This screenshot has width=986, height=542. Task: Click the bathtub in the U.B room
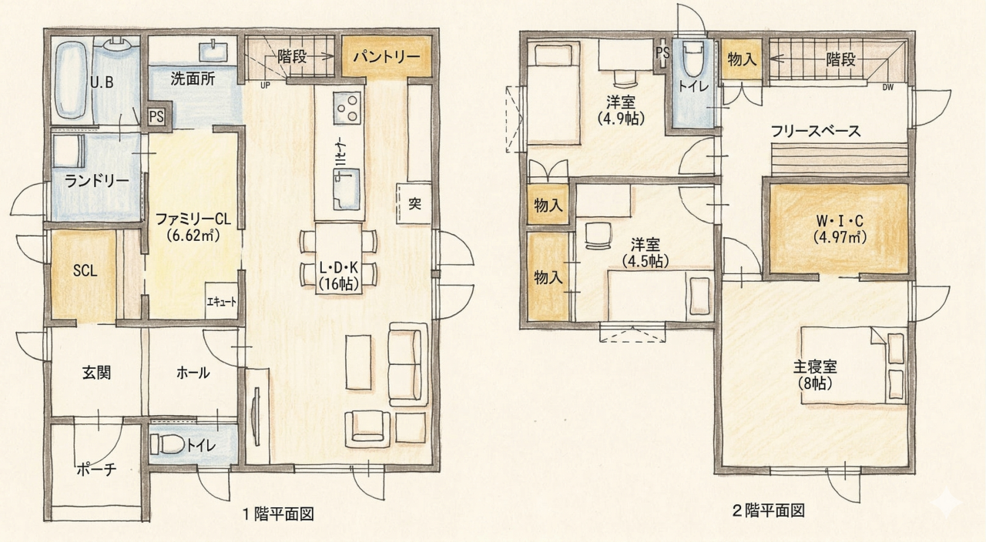(x=71, y=80)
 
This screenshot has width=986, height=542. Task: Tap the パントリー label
(x=387, y=57)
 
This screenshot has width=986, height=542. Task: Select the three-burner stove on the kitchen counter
(x=347, y=108)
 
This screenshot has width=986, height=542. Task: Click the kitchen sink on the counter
(x=347, y=189)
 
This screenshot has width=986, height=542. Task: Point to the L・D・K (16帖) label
(x=338, y=276)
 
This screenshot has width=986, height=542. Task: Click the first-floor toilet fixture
(x=167, y=444)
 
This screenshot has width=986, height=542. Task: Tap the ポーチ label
(x=96, y=470)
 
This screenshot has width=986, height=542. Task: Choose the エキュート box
(x=221, y=300)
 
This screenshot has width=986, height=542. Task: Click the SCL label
(x=85, y=270)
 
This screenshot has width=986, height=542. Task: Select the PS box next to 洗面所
(x=156, y=117)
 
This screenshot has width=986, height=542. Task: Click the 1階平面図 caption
(x=278, y=514)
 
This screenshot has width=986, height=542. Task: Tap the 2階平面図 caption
(x=768, y=510)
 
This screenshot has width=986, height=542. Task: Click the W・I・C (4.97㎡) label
(x=840, y=229)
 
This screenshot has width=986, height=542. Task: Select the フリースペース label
(x=815, y=131)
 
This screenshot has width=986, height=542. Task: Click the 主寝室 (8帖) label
(x=815, y=375)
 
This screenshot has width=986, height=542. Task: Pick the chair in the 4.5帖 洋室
(x=599, y=236)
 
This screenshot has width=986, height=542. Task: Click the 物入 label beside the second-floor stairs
(x=742, y=59)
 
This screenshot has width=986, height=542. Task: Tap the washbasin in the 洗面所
(x=213, y=52)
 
